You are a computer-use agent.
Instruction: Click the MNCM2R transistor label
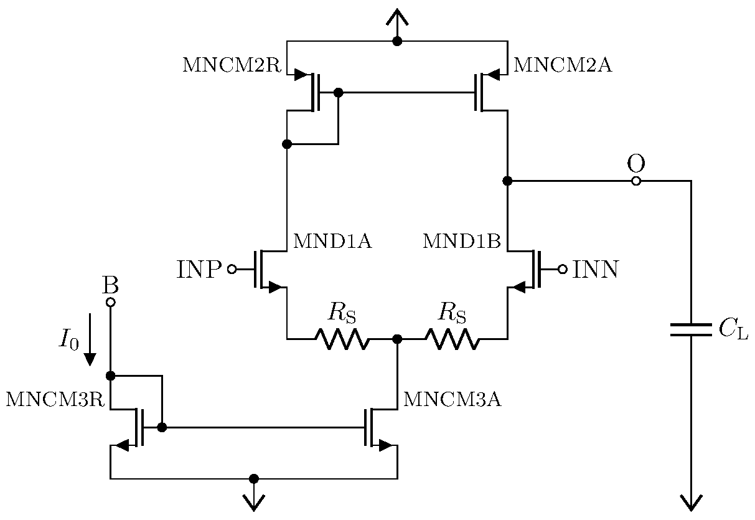[x=232, y=65]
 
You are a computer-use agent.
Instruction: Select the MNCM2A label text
[x=562, y=65]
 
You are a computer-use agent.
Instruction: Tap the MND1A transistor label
[x=332, y=242]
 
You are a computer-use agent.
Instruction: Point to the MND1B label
[x=461, y=242]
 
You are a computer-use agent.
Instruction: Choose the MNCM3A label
[x=452, y=400]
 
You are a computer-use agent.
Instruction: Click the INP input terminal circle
[x=232, y=270]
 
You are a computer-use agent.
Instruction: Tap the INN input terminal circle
[x=562, y=270]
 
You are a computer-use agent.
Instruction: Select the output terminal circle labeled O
[x=635, y=181]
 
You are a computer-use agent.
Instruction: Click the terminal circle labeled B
[x=110, y=303]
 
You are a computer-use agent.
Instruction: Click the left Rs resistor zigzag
[x=342, y=339]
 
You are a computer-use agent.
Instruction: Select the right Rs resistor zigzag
[x=452, y=339]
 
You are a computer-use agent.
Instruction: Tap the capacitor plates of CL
[x=690, y=329]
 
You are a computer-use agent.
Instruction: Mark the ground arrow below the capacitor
[x=690, y=501]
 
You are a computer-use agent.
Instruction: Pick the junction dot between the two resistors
[x=397, y=339]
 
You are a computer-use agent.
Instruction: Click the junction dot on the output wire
[x=507, y=181]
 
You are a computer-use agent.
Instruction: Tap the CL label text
[x=733, y=330]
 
